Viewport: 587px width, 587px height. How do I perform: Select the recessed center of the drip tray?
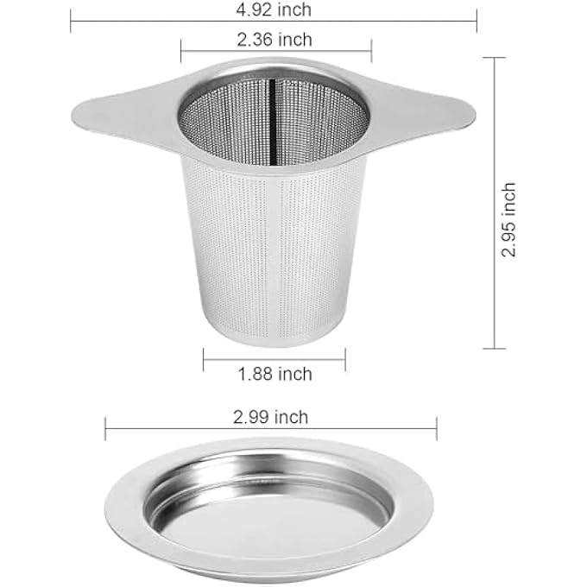(269, 509)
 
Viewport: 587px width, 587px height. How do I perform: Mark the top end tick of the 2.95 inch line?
(494, 57)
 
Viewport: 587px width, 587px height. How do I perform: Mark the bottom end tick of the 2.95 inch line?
(494, 349)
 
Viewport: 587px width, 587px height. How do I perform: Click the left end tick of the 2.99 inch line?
(105, 427)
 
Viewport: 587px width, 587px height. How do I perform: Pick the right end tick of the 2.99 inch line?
(437, 427)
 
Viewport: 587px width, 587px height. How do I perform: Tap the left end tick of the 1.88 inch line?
(204, 360)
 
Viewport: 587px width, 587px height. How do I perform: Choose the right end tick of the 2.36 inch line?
(371, 50)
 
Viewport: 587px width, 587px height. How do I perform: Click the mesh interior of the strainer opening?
(233, 129)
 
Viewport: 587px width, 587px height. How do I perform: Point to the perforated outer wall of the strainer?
(259, 259)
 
